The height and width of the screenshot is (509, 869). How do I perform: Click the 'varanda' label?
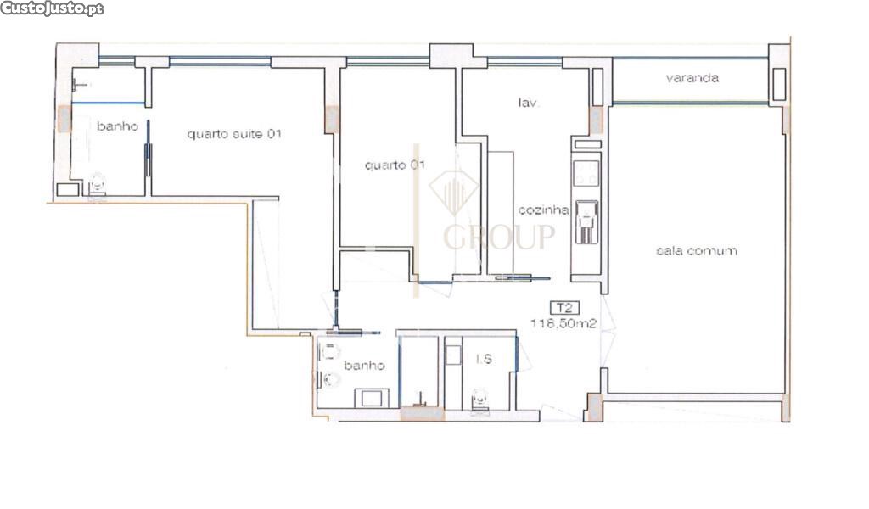[692, 77]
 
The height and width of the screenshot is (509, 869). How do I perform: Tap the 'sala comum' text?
[697, 251]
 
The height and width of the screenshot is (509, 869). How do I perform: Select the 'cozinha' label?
[543, 210]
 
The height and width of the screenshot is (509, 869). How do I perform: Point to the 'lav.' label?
[528, 103]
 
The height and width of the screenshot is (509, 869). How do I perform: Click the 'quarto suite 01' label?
[234, 134]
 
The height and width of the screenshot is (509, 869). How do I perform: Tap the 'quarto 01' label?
[395, 165]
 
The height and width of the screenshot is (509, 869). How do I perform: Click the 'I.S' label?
[484, 359]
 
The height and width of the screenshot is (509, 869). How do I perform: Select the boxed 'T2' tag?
[564, 307]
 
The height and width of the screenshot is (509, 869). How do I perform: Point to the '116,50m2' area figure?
[563, 323]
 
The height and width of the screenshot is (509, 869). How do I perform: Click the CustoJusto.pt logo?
[52, 8]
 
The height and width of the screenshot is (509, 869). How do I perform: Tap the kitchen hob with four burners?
[586, 173]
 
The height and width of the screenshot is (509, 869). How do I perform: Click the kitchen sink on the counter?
[587, 222]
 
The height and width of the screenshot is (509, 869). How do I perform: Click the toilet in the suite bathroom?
[98, 184]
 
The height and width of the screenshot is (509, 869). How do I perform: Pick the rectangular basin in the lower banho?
[372, 398]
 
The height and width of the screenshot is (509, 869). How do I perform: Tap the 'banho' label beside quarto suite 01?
[117, 126]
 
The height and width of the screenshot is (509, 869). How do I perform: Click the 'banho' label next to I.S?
[364, 366]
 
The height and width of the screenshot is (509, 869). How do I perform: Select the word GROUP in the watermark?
[499, 237]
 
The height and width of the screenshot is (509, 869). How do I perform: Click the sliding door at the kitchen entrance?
[522, 277]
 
